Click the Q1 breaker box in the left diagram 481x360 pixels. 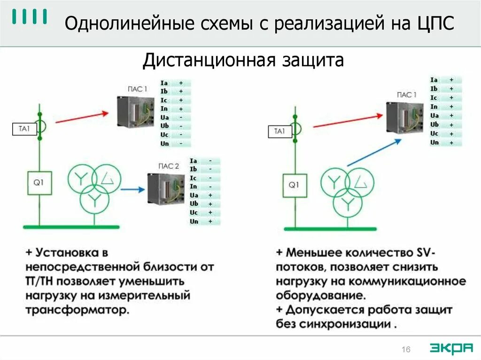pos(39,183)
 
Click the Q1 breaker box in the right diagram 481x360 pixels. pos(294,185)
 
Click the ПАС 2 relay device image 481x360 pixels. pos(166,189)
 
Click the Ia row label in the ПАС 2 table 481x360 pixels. pos(194,160)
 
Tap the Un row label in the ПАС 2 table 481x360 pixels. pos(194,221)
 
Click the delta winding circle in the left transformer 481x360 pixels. pos(107,178)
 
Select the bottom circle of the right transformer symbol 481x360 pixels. pos(348,202)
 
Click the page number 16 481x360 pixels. pos(406,349)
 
